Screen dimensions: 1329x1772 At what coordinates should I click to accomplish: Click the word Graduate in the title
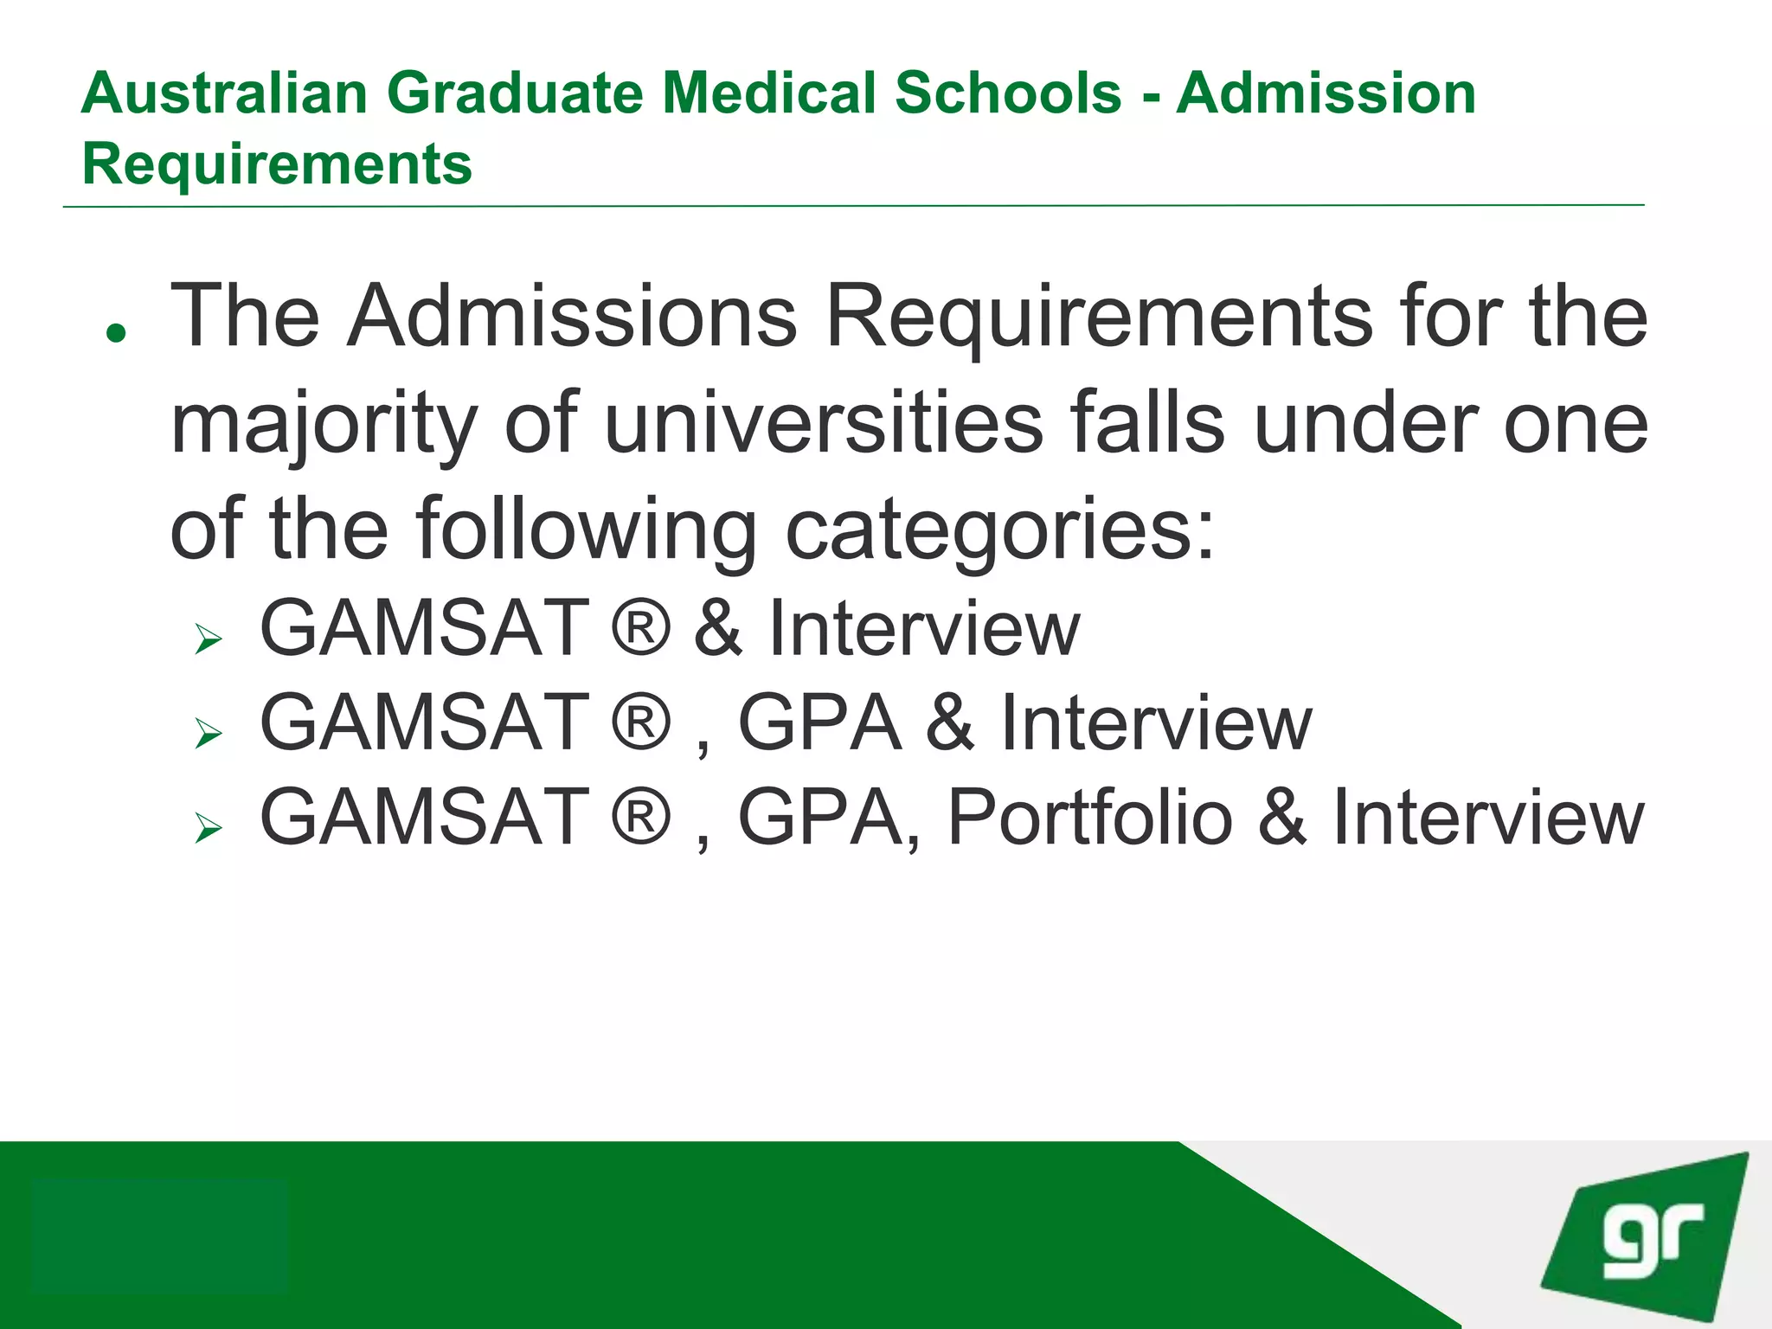click(x=515, y=93)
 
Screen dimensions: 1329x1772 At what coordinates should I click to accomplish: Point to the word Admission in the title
click(x=1326, y=93)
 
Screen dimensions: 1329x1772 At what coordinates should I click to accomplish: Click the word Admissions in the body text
click(x=572, y=317)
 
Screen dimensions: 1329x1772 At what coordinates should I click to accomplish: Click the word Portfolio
click(x=1090, y=817)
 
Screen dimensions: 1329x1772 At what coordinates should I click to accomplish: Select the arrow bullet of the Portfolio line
click(x=209, y=828)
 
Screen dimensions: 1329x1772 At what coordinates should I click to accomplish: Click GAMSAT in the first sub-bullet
click(x=425, y=628)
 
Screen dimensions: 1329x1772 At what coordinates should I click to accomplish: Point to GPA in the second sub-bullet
click(x=819, y=723)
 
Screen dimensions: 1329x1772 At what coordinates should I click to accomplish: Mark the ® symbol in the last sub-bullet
click(x=641, y=817)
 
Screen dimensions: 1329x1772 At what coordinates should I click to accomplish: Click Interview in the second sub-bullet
click(x=1156, y=723)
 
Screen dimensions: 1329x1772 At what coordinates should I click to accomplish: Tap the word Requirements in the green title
click(x=277, y=164)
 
